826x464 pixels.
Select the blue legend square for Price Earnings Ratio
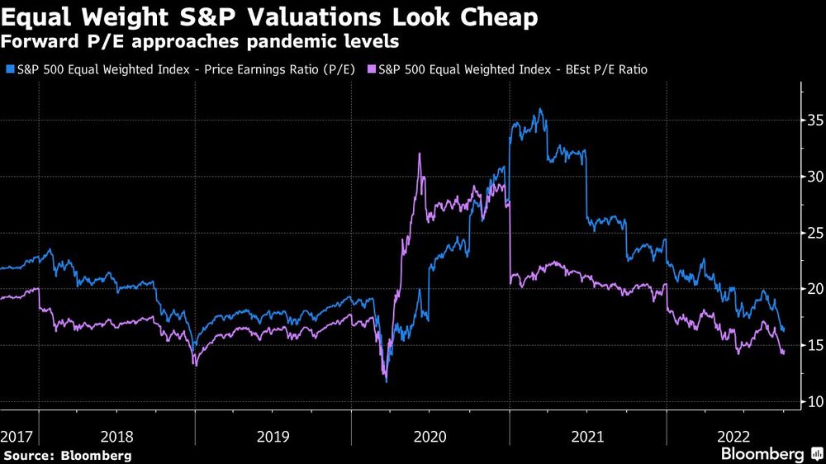tap(9, 70)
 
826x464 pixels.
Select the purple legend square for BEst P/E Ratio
tap(371, 70)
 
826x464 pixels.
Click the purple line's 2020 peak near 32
tap(420, 154)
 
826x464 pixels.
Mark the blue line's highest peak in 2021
tap(540, 109)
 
